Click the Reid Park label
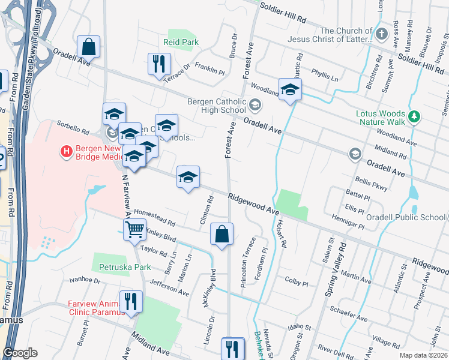pyautogui.click(x=181, y=42)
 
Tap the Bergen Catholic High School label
pyautogui.click(x=217, y=105)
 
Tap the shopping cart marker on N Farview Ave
pyautogui.click(x=134, y=229)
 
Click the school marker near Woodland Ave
pyautogui.click(x=290, y=89)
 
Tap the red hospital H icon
pyautogui.click(x=67, y=150)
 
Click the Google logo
pyautogui.click(x=20, y=353)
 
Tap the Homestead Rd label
pyautogui.click(x=154, y=214)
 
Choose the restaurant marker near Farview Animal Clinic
pyautogui.click(x=130, y=301)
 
